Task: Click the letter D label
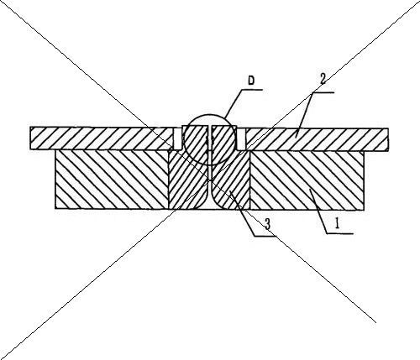(251, 81)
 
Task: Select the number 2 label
(323, 79)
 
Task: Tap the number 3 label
(267, 224)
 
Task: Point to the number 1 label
(337, 223)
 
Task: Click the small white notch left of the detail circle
(177, 138)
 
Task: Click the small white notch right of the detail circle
(241, 139)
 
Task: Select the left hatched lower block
(112, 180)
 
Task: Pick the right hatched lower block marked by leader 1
(307, 180)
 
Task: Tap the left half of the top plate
(102, 138)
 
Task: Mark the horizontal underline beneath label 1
(340, 232)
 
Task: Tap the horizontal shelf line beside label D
(252, 90)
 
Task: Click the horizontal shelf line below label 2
(323, 92)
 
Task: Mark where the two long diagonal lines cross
(209, 180)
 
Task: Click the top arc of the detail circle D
(209, 114)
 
